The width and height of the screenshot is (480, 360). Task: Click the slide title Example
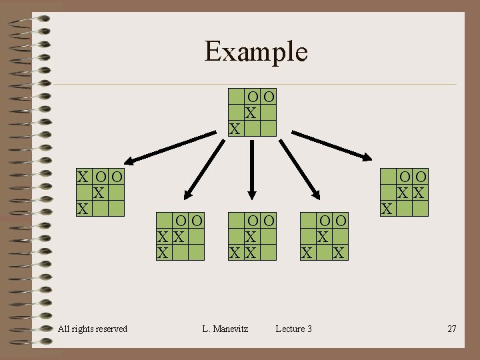pyautogui.click(x=256, y=51)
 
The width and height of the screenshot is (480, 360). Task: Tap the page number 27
pyautogui.click(x=452, y=329)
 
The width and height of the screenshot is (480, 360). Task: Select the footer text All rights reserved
pyautogui.click(x=93, y=329)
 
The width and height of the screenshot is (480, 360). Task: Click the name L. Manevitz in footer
pyautogui.click(x=225, y=329)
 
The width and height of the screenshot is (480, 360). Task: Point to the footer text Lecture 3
pyautogui.click(x=293, y=329)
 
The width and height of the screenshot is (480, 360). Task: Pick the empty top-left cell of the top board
pyautogui.click(x=236, y=97)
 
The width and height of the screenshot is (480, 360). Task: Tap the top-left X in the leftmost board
pyautogui.click(x=83, y=177)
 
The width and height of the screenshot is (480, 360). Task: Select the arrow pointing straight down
pyautogui.click(x=252, y=170)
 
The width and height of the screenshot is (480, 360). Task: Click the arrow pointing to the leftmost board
pyautogui.click(x=170, y=148)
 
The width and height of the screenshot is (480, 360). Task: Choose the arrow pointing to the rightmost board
pyautogui.click(x=332, y=146)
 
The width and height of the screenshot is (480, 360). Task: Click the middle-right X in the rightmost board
pyautogui.click(x=419, y=193)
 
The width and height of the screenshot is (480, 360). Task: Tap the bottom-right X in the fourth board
pyautogui.click(x=339, y=253)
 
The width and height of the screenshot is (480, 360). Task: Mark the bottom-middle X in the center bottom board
pyautogui.click(x=251, y=253)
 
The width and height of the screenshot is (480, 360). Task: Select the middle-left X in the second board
pyautogui.click(x=163, y=237)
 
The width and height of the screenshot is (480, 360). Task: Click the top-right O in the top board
pyautogui.click(x=269, y=97)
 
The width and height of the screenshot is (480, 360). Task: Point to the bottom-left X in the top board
pyautogui.click(x=235, y=129)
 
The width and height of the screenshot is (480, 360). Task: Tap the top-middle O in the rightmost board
pyautogui.click(x=405, y=177)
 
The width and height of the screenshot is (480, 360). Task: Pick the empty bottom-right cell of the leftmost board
pyautogui.click(x=116, y=209)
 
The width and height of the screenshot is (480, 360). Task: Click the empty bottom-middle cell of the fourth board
pyautogui.click(x=324, y=253)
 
